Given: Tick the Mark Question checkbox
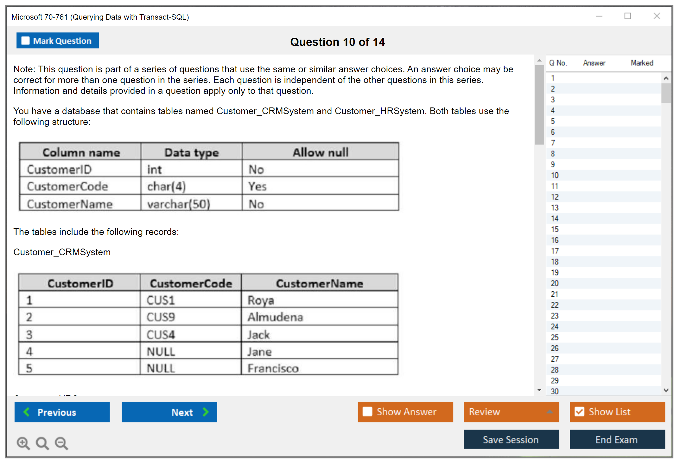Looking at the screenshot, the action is [x=25, y=41].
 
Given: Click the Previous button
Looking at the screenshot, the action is [x=62, y=412].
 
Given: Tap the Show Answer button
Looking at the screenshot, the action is [x=405, y=412].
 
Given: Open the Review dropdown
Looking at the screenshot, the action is [x=511, y=412].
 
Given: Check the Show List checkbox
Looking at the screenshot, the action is [x=579, y=412].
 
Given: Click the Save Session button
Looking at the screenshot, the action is [x=511, y=440].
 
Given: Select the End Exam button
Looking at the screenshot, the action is [x=617, y=440].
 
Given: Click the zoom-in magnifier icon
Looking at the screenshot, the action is [x=23, y=443].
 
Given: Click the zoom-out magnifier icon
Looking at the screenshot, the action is [x=61, y=443].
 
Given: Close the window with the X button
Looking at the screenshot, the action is [x=657, y=16].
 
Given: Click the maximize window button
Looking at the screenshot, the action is [x=628, y=16].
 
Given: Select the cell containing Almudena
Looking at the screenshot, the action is [x=320, y=317].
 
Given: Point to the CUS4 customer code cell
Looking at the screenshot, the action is [x=191, y=334].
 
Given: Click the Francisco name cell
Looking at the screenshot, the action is [x=320, y=368].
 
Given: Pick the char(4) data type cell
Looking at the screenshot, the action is [x=191, y=186].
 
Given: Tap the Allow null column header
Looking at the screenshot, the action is [x=320, y=152].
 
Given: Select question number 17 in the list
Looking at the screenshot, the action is [x=555, y=251].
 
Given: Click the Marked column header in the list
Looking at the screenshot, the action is [x=642, y=63].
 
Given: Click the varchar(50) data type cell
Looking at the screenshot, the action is [x=191, y=204].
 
